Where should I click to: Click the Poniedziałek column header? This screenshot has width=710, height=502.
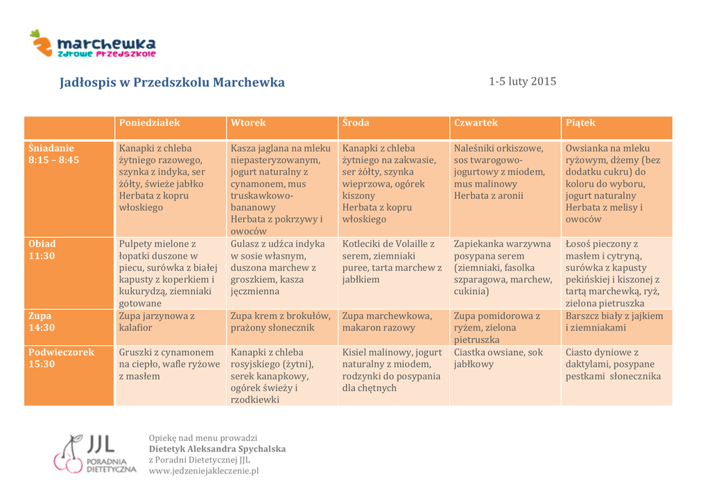(x=150, y=123)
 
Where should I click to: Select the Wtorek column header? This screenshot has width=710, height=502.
(x=248, y=123)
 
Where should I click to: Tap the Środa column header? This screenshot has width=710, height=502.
(x=356, y=123)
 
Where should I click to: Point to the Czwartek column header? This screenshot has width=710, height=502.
(x=476, y=123)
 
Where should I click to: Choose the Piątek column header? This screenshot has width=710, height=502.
(x=580, y=123)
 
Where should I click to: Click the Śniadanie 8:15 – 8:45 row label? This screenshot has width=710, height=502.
(x=54, y=154)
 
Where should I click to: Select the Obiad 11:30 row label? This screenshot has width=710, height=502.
(x=42, y=250)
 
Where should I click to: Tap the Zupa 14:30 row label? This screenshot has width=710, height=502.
(x=42, y=322)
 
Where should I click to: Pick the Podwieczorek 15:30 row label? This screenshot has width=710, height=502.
(x=61, y=358)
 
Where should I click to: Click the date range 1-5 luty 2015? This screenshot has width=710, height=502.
(x=522, y=81)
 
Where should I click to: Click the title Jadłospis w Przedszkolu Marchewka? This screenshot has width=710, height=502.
(x=172, y=83)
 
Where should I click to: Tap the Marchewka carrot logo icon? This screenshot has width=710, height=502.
(x=42, y=43)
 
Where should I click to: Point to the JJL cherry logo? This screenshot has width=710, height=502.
(x=69, y=453)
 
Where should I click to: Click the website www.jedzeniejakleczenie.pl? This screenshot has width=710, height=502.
(x=204, y=471)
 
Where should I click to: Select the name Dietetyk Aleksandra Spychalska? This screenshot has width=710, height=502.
(x=217, y=449)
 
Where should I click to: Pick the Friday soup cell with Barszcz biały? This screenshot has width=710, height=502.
(x=614, y=322)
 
